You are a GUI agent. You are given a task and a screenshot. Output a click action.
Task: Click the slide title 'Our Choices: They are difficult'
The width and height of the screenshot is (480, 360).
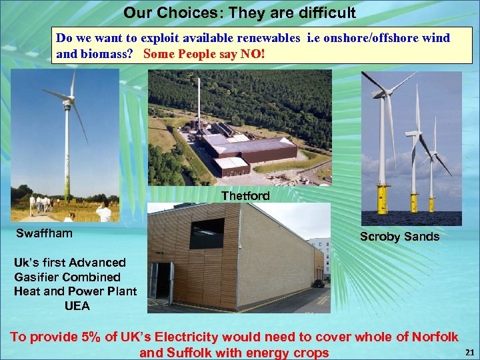click(x=239, y=13)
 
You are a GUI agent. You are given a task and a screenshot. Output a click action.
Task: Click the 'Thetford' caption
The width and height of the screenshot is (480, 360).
click(x=245, y=196)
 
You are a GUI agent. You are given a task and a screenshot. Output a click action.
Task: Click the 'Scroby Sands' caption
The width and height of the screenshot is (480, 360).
click(x=399, y=236)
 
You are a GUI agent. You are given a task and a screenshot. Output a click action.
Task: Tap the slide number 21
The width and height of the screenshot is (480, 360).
click(x=469, y=352)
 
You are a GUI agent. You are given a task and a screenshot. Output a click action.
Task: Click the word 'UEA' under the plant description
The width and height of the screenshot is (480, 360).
click(x=77, y=306)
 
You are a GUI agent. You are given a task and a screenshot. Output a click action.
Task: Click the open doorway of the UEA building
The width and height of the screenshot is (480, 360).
click(x=161, y=280)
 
